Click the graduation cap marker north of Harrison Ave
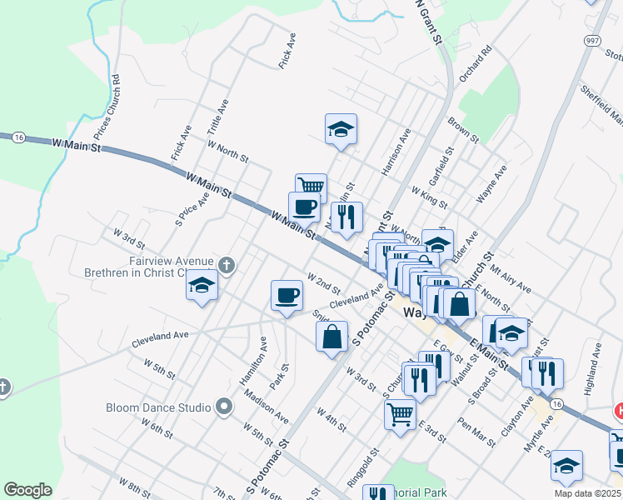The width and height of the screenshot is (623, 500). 340,129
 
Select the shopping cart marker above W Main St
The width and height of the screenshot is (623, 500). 311,187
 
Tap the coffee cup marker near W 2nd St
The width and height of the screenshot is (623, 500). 287,296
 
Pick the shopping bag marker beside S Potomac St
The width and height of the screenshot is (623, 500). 331,337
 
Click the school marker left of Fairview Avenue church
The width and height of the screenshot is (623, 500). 201,286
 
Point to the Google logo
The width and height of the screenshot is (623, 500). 27,490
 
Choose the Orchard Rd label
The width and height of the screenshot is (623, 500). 476,62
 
